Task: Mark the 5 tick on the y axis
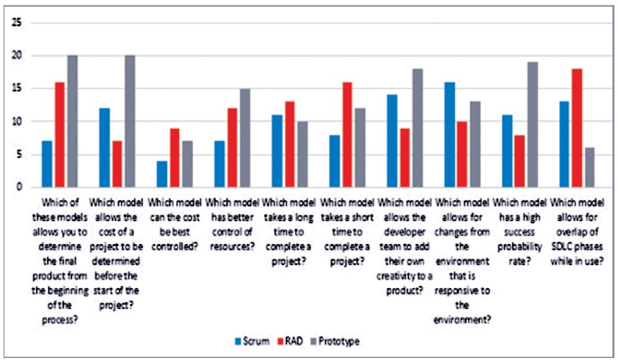19,154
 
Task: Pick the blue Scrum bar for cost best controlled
162,174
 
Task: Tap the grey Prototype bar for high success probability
532,124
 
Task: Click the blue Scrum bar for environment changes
450,134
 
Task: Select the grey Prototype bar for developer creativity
417,128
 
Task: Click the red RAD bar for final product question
59,134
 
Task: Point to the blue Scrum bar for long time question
277,151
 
